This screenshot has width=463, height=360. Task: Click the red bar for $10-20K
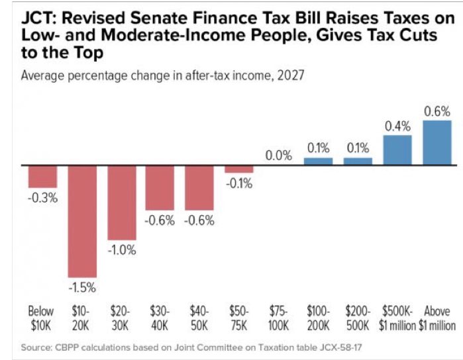(82, 220)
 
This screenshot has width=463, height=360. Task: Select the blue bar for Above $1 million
(437, 142)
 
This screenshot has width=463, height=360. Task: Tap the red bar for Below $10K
(42, 176)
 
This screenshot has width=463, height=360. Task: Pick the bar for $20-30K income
(122, 202)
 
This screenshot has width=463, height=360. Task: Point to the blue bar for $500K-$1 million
(397, 150)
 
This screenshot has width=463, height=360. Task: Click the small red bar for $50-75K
(238, 169)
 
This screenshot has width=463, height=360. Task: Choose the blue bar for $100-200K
(318, 161)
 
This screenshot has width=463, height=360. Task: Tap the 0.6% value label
(437, 111)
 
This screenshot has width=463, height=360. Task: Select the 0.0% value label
(279, 156)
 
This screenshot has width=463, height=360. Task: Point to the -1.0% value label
(122, 250)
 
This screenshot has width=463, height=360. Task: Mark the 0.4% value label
(397, 126)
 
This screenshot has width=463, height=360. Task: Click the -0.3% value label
(42, 197)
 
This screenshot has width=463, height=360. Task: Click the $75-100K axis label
(278, 317)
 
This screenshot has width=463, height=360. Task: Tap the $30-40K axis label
(160, 317)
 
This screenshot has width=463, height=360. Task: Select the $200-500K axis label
(358, 317)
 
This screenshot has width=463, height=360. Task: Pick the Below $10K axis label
(42, 317)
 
